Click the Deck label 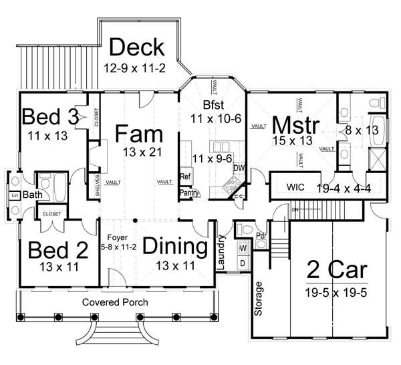point(136,47)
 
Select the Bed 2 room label point(58,251)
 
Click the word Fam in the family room point(138,133)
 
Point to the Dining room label point(175,247)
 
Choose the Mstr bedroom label point(294,124)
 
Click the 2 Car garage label point(337,270)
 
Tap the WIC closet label point(295,187)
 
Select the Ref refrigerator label point(185,177)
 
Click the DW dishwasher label point(239,168)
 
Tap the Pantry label point(189,193)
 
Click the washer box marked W point(243,249)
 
